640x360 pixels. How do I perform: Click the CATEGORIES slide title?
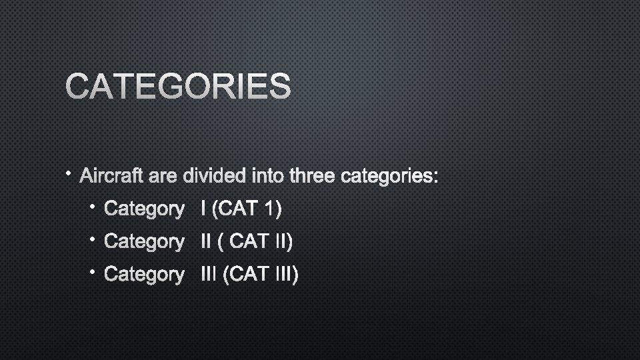[x=178, y=87]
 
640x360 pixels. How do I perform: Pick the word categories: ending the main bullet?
[x=389, y=177]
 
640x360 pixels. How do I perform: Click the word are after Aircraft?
[x=164, y=177]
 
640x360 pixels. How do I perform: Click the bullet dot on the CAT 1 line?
[x=94, y=206]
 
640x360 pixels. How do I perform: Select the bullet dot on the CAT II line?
[x=94, y=238]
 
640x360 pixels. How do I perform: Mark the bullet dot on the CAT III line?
[x=94, y=271]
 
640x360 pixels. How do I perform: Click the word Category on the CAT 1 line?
[x=144, y=209]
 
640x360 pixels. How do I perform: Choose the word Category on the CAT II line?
[x=144, y=241]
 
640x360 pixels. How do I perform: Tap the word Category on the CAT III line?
[x=144, y=274]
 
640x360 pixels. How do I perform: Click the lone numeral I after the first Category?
[x=202, y=209]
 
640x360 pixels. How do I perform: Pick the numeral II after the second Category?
[x=205, y=241]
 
